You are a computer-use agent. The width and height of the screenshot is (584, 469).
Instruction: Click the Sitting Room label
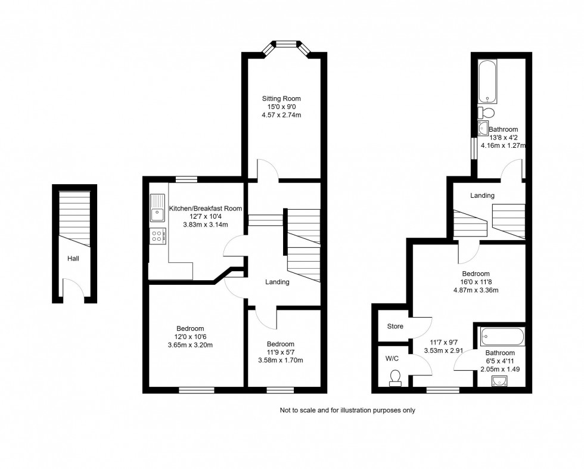click(281, 98)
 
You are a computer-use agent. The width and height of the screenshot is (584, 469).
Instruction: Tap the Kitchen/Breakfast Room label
click(206, 208)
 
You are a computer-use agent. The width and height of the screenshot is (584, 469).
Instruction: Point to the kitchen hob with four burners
click(158, 235)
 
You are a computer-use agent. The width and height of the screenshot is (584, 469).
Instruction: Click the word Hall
click(73, 259)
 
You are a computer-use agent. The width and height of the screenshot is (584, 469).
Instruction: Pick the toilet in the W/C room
click(394, 378)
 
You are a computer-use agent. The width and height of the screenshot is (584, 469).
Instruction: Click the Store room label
click(395, 327)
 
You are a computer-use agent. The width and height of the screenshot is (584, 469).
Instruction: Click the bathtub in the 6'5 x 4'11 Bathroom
click(502, 337)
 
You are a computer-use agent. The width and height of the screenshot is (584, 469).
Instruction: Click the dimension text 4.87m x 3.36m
click(476, 291)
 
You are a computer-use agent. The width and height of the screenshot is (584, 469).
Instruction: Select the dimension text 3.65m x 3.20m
click(190, 345)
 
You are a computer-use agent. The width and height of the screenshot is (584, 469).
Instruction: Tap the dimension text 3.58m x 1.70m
click(280, 360)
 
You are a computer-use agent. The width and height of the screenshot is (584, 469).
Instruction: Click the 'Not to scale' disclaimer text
click(347, 410)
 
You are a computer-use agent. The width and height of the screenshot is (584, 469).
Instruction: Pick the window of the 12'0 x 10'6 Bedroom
click(196, 390)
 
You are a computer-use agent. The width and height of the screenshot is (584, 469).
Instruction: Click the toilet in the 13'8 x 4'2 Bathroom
click(486, 112)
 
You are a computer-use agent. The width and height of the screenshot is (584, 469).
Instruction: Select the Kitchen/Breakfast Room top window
click(187, 178)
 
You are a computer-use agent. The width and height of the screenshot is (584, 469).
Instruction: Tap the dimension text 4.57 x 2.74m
click(281, 115)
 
